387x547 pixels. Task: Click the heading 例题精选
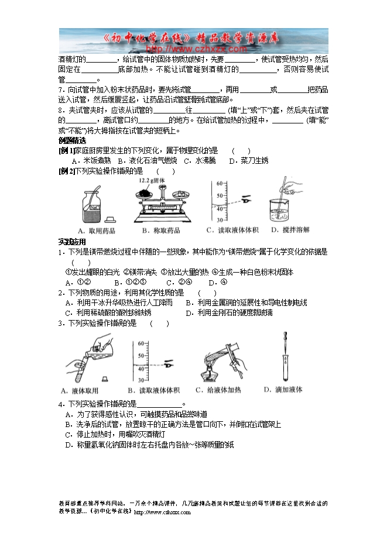(73, 141)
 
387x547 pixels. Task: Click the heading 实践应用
(72, 242)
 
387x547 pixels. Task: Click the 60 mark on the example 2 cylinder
(219, 183)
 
